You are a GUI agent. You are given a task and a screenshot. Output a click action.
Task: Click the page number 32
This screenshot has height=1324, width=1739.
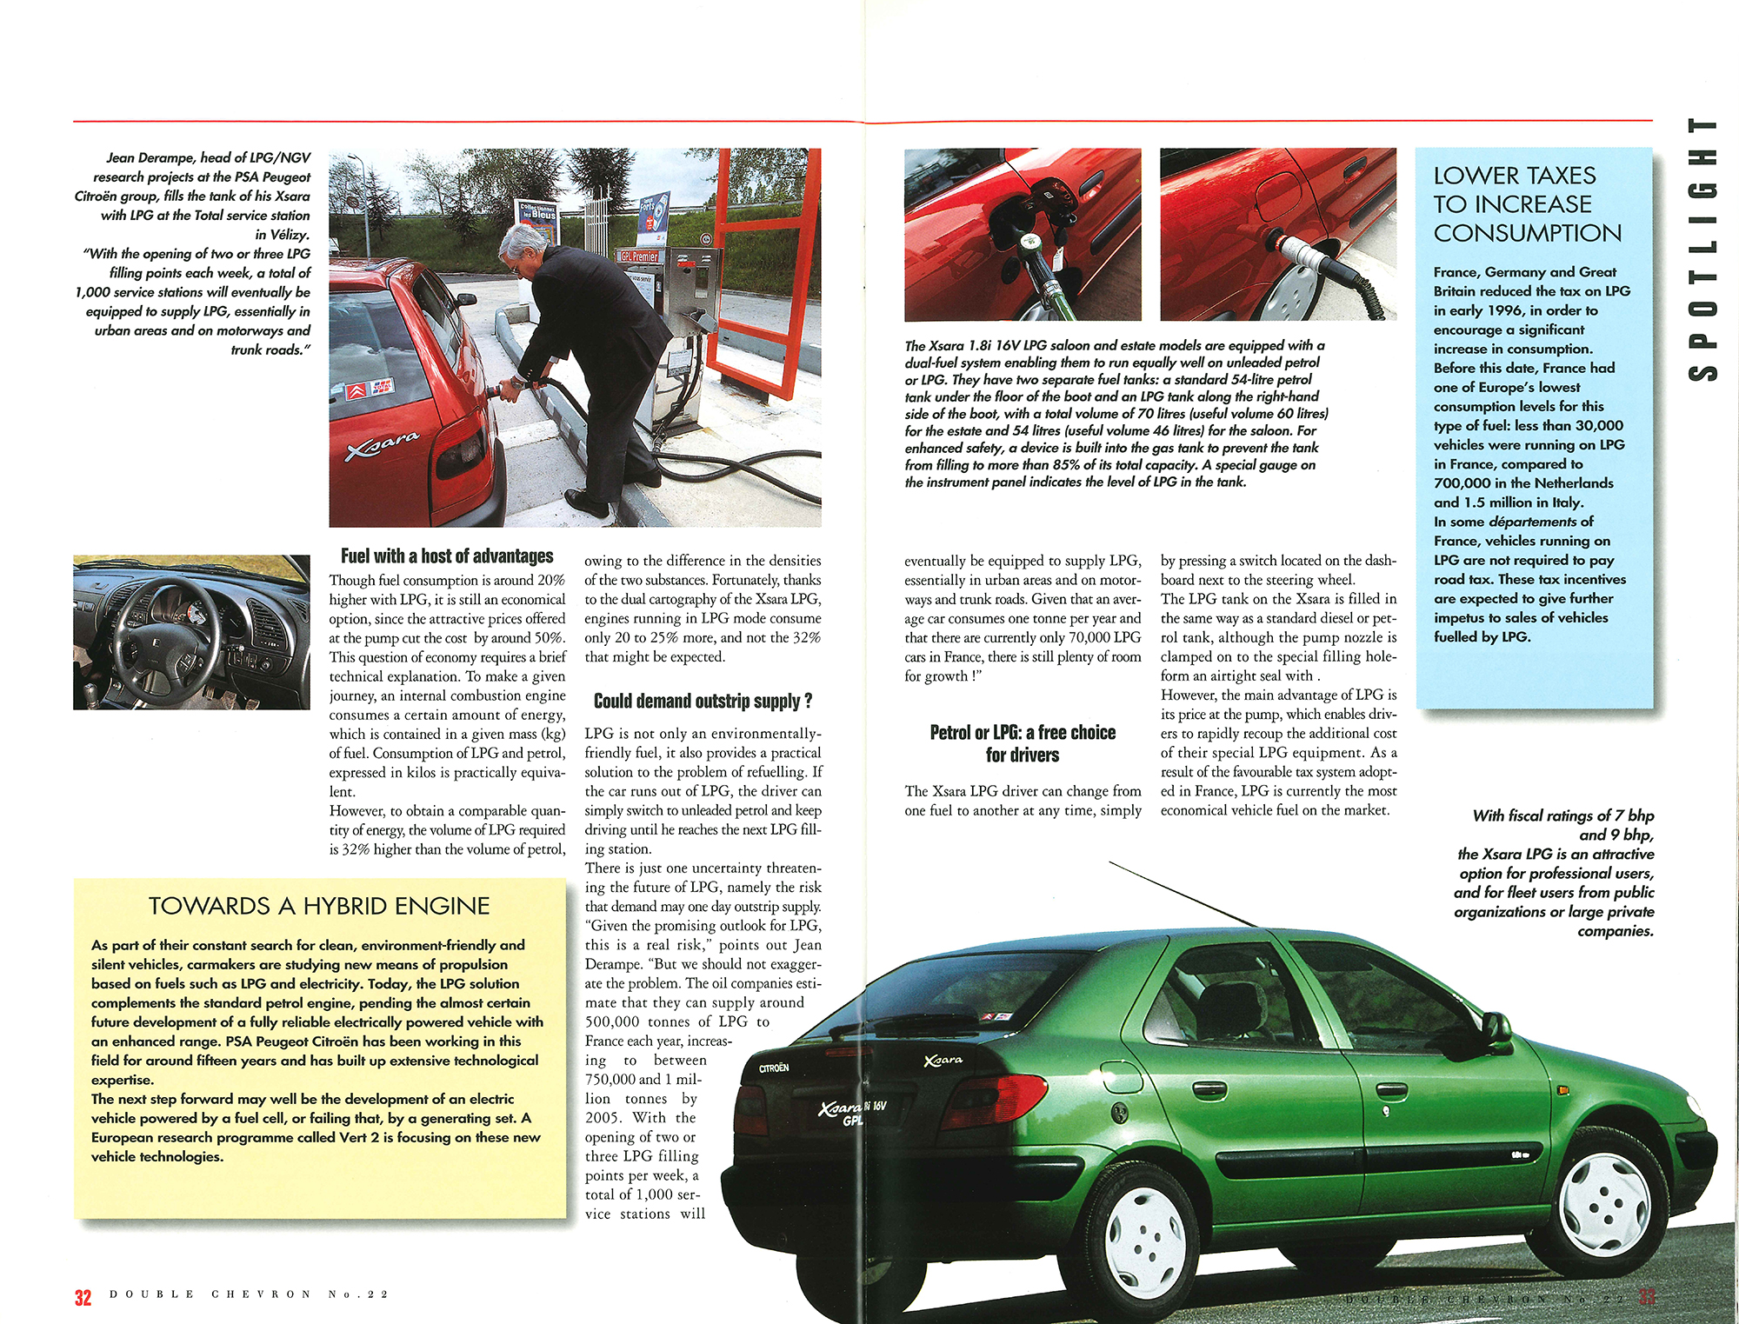pos(83,1297)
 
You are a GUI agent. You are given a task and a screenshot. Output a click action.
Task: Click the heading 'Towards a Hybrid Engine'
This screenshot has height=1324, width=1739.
pos(319,906)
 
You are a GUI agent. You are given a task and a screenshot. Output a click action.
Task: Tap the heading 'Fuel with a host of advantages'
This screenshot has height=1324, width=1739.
pos(447,556)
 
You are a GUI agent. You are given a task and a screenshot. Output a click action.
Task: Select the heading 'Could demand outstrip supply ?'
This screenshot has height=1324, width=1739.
pos(703,701)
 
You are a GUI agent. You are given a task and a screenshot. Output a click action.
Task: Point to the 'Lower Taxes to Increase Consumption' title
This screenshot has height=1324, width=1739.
pos(1527,204)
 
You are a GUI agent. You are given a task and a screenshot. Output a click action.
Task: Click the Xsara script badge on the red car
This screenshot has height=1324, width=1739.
pos(383,444)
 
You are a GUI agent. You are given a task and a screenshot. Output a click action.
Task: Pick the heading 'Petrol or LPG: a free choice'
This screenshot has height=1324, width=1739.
pos(1023,743)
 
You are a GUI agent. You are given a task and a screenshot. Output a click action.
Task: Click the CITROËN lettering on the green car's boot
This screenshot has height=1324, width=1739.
pos(773,1068)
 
